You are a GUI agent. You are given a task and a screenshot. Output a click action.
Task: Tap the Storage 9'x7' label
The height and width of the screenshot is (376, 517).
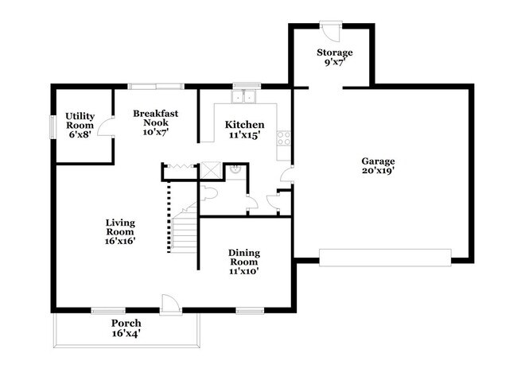335,57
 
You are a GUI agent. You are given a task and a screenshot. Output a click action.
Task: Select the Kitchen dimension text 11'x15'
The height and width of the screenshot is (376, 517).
245,135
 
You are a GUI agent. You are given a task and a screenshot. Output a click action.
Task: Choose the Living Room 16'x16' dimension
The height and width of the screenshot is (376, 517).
120,241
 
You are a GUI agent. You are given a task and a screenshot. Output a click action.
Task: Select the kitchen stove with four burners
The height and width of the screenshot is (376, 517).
284,138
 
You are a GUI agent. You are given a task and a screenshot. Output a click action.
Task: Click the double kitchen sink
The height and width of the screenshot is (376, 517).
243,96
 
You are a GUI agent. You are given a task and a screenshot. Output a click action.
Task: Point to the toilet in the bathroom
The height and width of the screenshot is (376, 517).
208,193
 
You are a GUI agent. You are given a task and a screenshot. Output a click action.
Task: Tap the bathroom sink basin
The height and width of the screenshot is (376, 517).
235,169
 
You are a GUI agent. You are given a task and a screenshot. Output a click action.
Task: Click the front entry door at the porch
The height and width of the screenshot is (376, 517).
171,303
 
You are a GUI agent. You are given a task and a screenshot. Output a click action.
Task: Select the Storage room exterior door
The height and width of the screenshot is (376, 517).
331,32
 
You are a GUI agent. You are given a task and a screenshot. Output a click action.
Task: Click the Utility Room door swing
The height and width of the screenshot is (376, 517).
106,127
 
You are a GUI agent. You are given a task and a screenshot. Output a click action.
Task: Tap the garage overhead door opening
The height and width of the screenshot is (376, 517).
385,258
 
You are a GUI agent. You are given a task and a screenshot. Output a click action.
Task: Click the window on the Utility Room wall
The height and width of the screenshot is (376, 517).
52,127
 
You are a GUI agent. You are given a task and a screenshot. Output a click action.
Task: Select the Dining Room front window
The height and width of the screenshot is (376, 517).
250,310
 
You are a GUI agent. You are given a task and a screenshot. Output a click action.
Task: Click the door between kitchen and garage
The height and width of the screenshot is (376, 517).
287,173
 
